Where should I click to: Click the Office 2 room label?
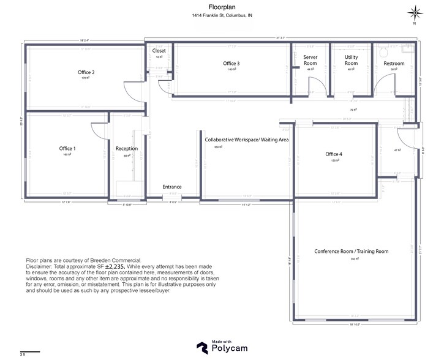pos(85,72)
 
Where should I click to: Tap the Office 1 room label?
pos(67,148)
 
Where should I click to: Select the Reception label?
pos(127,149)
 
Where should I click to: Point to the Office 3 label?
pos(231,64)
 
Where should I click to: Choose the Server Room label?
pos(310,60)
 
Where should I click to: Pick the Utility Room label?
pos(351,60)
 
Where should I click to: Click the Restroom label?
pos(394,64)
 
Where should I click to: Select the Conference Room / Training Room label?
pos(351,252)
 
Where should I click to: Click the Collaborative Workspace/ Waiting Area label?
pos(246,140)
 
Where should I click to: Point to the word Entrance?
pos(171,187)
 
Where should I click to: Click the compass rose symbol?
pos(415,12)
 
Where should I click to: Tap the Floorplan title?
pos(218,8)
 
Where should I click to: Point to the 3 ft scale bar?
pos(30,351)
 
